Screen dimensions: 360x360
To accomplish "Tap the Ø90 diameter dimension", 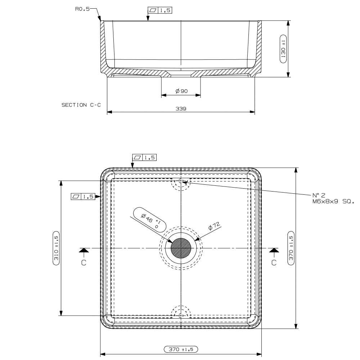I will click(x=182, y=91).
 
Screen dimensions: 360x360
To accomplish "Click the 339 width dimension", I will click(x=180, y=108).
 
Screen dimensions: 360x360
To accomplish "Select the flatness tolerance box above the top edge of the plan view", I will click(x=145, y=157).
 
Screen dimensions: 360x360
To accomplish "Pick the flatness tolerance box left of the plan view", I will click(x=83, y=197).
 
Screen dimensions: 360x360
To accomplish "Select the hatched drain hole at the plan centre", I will click(x=181, y=248).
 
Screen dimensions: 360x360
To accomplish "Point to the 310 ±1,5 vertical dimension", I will click(x=56, y=248).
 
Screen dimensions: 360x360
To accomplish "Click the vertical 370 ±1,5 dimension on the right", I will click(x=291, y=248).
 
